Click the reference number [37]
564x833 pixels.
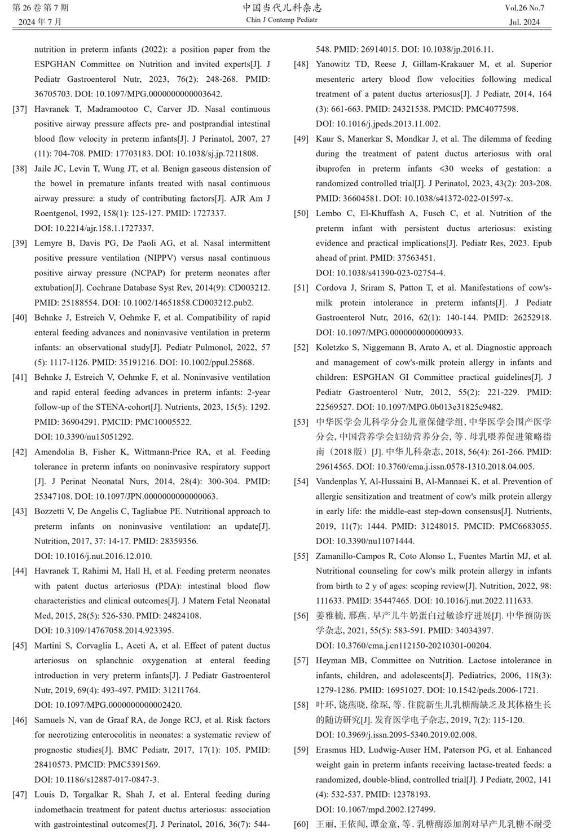click(x=19, y=109)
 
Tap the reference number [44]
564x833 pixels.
click(x=19, y=571)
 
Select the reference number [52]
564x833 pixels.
click(x=301, y=348)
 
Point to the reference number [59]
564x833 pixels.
click(x=301, y=750)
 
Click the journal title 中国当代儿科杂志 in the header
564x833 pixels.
click(x=282, y=8)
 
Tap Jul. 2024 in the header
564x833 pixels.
click(x=525, y=23)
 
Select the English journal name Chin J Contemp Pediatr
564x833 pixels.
click(x=282, y=20)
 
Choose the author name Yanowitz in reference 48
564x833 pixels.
click(x=336, y=64)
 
